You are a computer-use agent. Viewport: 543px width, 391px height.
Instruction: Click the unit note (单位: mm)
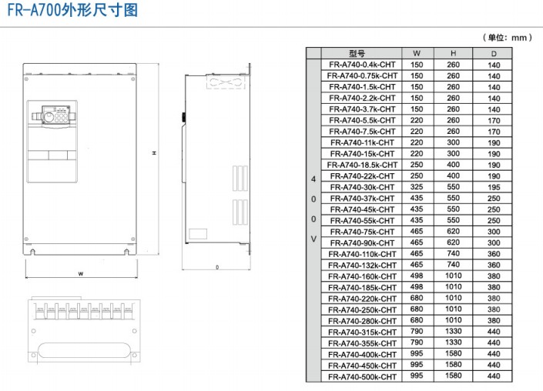(x=508, y=37)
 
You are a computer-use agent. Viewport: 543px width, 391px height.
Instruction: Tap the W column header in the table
(x=417, y=53)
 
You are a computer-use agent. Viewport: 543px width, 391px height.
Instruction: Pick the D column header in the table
(x=494, y=53)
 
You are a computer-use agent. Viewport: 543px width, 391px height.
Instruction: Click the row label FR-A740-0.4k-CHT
(x=362, y=65)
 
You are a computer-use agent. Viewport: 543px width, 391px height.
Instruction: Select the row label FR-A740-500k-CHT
(x=362, y=376)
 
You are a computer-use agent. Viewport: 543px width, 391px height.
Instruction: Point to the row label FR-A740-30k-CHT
(x=362, y=187)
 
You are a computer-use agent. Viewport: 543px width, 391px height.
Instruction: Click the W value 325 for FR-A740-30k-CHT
(x=417, y=187)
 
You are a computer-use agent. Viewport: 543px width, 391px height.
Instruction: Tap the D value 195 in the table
(x=494, y=187)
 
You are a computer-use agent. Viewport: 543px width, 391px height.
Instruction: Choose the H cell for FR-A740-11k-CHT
(x=454, y=142)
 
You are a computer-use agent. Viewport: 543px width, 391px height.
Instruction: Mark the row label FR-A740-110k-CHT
(x=362, y=254)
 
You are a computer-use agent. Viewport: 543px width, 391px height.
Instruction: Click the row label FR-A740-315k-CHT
(x=362, y=332)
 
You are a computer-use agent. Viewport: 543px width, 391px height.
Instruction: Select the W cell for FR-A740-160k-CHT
(x=417, y=276)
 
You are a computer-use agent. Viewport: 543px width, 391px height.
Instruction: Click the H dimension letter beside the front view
(x=154, y=154)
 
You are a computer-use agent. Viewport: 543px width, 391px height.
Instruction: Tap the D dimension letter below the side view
(x=217, y=268)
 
